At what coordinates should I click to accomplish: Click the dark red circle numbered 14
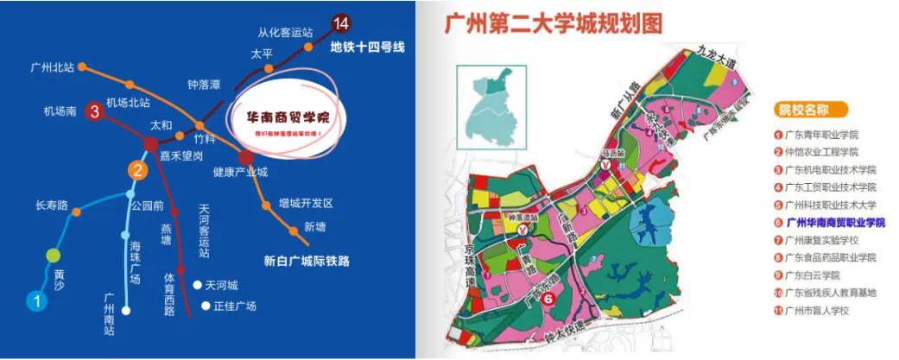[342, 23]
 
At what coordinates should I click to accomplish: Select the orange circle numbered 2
[136, 170]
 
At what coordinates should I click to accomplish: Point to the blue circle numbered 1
[36, 301]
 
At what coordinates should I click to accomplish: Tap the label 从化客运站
[284, 33]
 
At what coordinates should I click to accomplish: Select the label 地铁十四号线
[368, 47]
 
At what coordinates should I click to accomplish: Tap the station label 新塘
[316, 227]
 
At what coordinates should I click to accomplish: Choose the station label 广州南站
[110, 313]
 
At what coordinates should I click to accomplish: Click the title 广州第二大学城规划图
[554, 24]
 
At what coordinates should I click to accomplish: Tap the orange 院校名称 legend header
[811, 110]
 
